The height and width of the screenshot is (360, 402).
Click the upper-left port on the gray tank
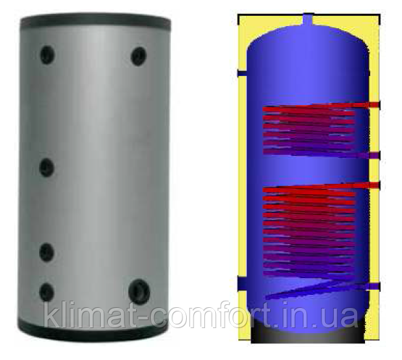coord(47,54)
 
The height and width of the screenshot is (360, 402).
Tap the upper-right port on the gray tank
coord(138,56)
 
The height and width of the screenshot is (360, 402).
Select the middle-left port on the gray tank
coord(46,168)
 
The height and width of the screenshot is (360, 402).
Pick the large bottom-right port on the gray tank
coord(139,291)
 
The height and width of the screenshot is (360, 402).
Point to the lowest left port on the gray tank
coord(46,293)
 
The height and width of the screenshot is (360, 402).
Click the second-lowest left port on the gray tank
coord(46,252)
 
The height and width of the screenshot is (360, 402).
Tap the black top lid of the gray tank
coord(96,22)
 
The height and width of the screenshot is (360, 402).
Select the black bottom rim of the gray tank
coord(93,331)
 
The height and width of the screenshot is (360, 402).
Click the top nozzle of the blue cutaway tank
coord(308,20)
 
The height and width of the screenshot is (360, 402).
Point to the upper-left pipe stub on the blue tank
coord(242,73)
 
